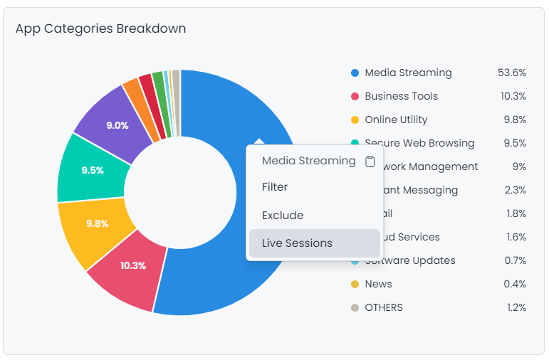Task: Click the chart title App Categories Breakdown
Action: pos(100,28)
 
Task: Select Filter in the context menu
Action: pos(275,187)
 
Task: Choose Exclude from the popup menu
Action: pos(283,215)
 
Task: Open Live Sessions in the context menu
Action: pos(297,243)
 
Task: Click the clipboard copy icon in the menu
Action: pos(370,162)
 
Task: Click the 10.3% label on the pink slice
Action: pos(133,265)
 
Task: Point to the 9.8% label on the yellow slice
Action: pos(97,223)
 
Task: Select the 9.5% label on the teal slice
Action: pos(93,170)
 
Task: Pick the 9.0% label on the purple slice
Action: pos(117,125)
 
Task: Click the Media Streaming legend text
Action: pos(408,73)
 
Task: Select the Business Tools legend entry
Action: pos(401,96)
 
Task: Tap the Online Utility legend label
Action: pos(396,120)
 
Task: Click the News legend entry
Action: pos(378,284)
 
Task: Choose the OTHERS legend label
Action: pos(384,307)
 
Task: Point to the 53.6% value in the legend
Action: pos(512,73)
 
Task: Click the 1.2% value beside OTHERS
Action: pos(515,307)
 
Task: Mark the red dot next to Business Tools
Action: pos(355,96)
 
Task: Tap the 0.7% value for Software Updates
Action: pos(515,260)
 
